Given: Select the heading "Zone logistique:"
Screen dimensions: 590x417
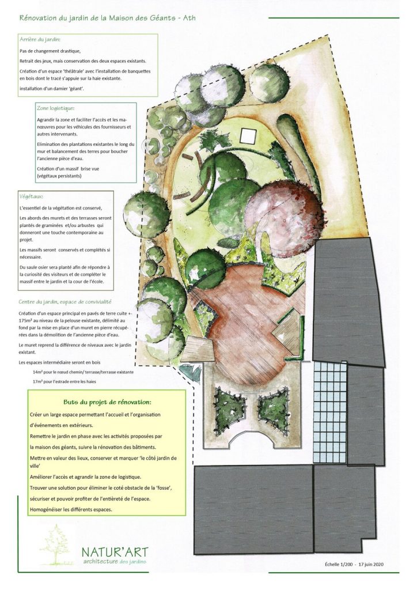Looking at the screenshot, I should (55, 108).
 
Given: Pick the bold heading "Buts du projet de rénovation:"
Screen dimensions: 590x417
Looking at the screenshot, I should (107, 402).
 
